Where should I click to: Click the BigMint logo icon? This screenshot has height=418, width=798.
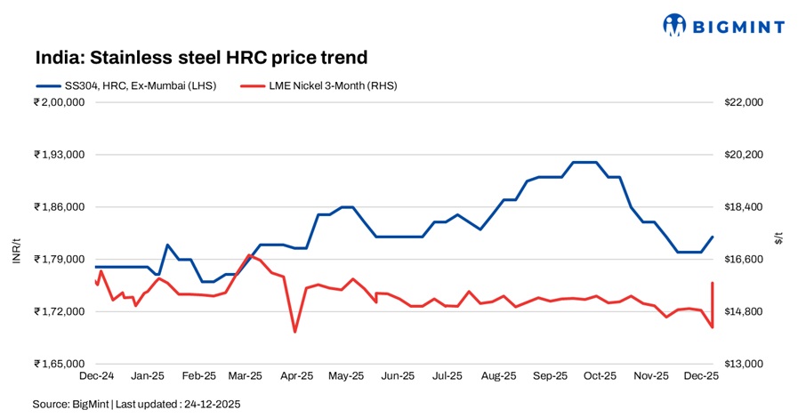(x=675, y=25)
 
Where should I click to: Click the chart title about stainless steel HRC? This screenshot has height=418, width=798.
(x=201, y=58)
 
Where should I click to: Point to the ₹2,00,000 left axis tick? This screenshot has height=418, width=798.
(x=59, y=102)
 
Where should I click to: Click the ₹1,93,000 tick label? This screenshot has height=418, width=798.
(x=59, y=155)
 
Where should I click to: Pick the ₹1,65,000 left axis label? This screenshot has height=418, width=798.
(x=59, y=364)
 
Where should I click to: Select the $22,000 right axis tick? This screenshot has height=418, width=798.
(x=745, y=102)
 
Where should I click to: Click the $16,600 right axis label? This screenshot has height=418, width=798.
(x=745, y=260)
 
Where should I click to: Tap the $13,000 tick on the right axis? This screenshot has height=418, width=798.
(x=745, y=364)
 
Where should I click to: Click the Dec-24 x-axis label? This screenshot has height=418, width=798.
(x=95, y=376)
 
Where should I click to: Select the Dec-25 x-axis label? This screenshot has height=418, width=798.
(x=701, y=376)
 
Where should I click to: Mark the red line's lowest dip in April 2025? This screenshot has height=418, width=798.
(x=294, y=332)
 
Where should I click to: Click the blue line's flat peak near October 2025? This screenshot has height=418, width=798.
(x=584, y=162)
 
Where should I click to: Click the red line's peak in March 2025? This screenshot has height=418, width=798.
(x=249, y=255)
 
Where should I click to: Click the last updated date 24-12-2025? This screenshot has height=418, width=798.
(x=212, y=404)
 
